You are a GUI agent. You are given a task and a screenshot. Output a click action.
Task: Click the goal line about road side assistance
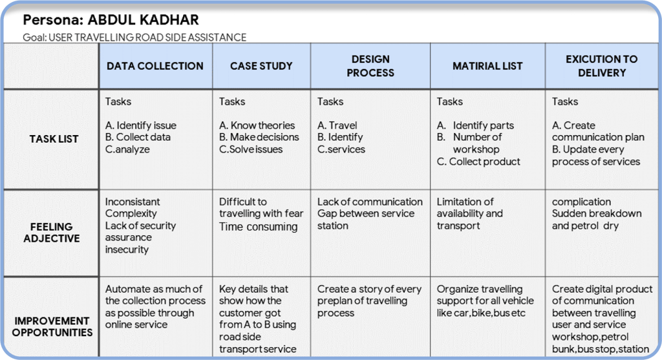[134, 37]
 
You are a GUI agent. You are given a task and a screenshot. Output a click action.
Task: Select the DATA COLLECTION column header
[155, 66]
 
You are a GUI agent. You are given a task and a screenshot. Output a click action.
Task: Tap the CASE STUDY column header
[261, 66]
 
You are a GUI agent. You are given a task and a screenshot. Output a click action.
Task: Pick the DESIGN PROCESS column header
[370, 66]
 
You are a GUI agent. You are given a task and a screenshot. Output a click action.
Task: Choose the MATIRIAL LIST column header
[487, 66]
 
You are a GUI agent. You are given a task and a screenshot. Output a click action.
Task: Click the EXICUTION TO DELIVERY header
[601, 66]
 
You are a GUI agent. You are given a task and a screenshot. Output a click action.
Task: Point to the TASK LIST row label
[54, 139]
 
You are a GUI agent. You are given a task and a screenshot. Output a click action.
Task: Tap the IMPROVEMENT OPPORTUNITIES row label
[52, 326]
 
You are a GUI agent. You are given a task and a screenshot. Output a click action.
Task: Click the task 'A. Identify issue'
[141, 125]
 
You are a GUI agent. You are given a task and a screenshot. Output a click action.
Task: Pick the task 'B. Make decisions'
[259, 137]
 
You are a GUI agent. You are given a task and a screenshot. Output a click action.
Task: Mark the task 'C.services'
[341, 149]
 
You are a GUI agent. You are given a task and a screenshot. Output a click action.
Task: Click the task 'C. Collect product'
[478, 162]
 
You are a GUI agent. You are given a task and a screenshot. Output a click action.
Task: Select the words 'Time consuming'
[259, 226]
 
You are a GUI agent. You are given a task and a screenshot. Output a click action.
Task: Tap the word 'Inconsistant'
[133, 202]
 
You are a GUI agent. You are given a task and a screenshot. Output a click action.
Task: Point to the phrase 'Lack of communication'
[370, 202]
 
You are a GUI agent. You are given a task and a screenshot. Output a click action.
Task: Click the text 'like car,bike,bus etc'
[482, 313]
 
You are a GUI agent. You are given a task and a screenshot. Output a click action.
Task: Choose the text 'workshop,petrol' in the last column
[590, 337]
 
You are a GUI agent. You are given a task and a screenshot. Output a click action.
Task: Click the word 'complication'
[581, 202]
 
